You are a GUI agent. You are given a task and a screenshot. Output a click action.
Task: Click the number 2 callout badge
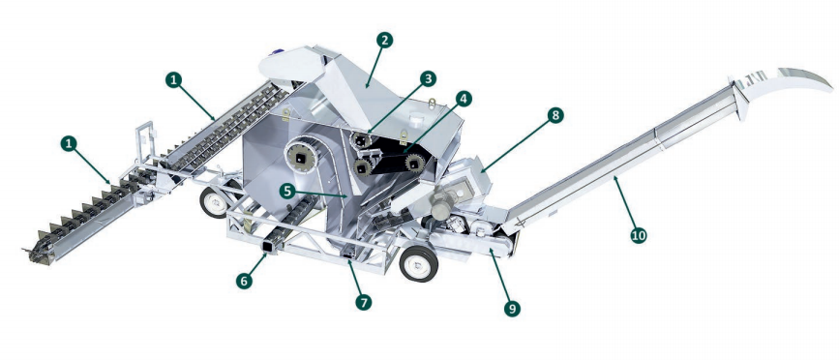(x=384, y=39)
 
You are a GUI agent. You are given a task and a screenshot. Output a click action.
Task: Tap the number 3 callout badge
(x=428, y=78)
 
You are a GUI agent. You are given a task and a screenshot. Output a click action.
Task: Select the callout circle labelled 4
(x=464, y=99)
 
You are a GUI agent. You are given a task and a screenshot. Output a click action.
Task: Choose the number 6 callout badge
(x=245, y=282)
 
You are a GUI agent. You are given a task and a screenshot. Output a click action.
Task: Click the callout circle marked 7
(x=363, y=301)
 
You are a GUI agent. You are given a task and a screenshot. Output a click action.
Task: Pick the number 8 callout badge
(x=554, y=115)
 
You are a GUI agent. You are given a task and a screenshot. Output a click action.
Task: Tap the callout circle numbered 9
(x=513, y=308)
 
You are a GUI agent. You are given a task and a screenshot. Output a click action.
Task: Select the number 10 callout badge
(x=639, y=235)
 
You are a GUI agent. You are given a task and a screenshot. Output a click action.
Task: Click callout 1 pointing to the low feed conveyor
(x=68, y=143)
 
